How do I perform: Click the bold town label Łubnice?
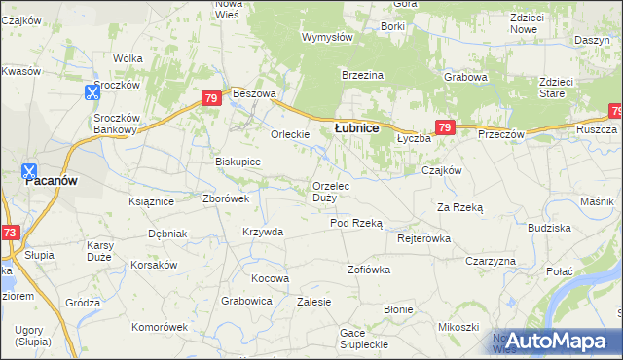356,127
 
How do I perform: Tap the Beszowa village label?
255,93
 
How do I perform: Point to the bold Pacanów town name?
52,181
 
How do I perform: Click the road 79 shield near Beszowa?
211,98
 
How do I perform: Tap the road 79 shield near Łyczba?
445,127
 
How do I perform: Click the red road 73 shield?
10,233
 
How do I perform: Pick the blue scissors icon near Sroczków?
92,92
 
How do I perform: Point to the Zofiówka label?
369,268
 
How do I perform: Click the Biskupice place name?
238,162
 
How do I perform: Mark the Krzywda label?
263,232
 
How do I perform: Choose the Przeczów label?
501,134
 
